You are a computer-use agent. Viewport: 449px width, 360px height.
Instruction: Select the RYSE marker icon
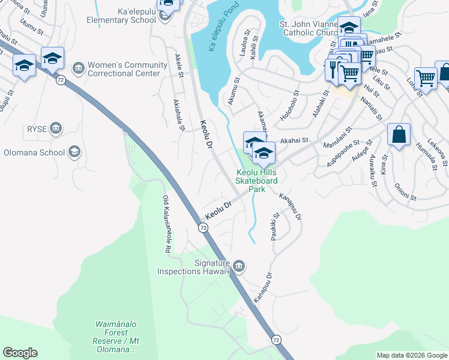click(x=56, y=127)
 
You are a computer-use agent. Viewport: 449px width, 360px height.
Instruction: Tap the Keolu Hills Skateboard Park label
click(x=256, y=180)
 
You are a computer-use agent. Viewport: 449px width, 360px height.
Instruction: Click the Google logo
click(x=20, y=353)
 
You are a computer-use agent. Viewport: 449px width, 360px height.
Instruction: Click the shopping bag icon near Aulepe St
click(x=399, y=135)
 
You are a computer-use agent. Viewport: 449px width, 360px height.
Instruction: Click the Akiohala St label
click(x=179, y=115)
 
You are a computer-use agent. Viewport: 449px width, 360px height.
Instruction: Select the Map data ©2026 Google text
click(x=412, y=355)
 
